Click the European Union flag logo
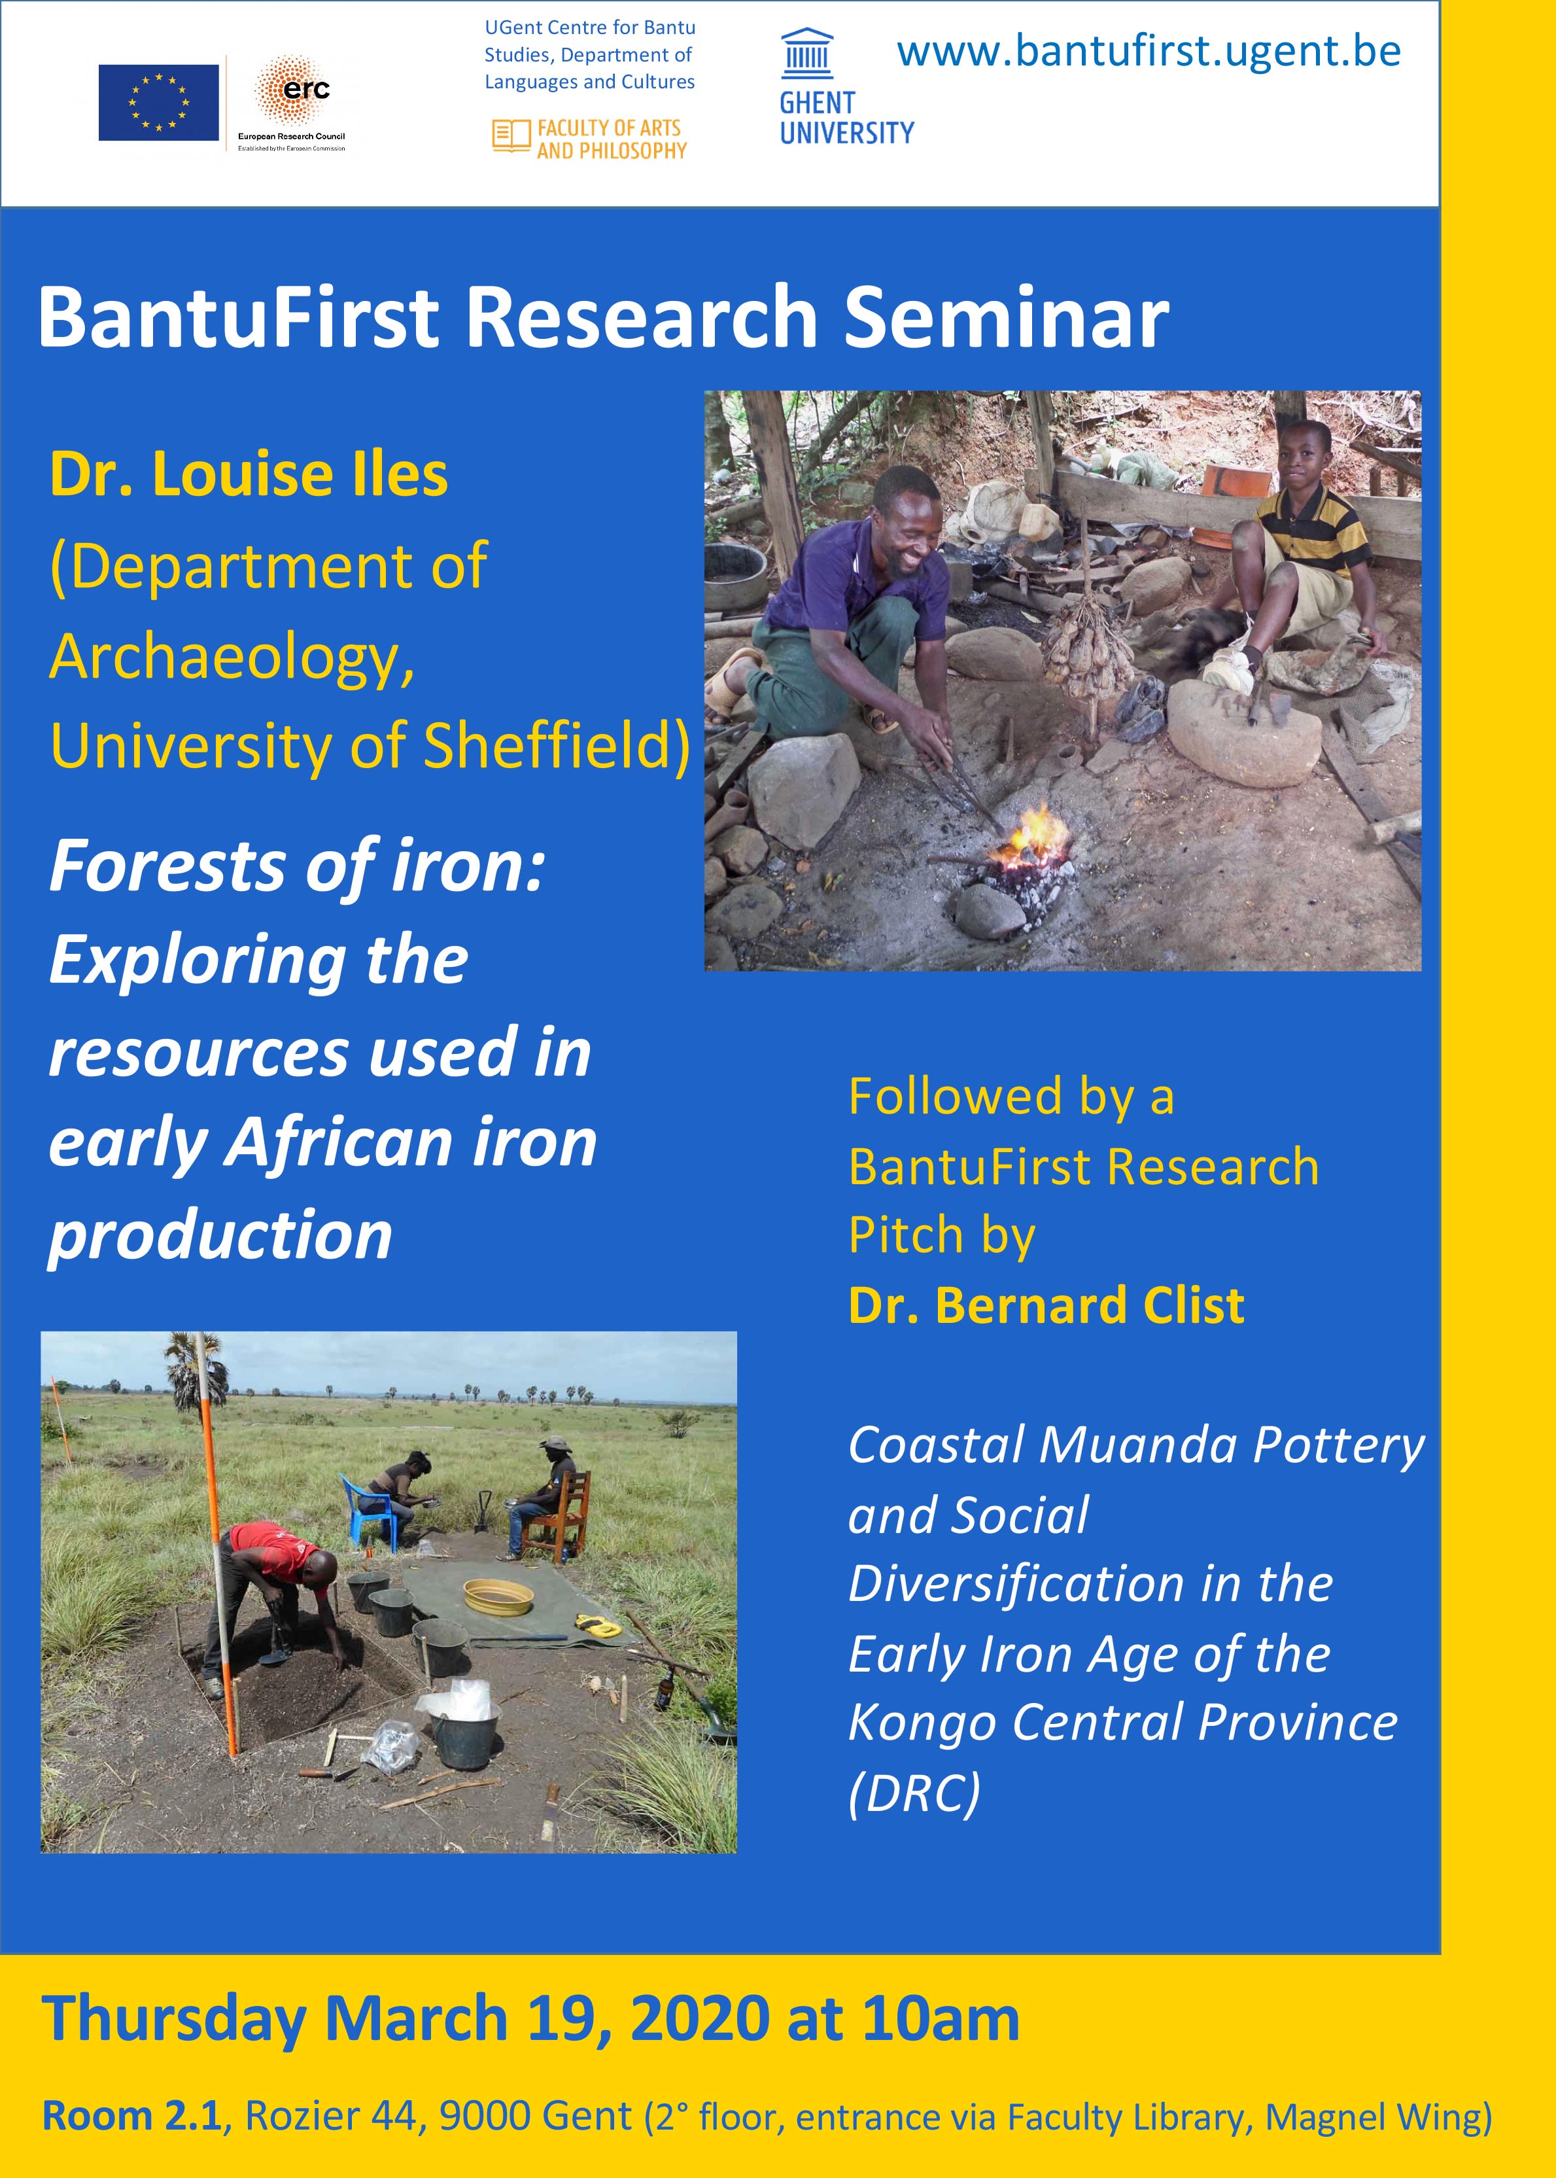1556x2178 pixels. click(158, 103)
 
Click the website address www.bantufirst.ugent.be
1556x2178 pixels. click(1149, 51)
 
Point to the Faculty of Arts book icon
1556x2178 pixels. click(511, 136)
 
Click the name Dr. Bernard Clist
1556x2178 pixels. click(1046, 1305)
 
